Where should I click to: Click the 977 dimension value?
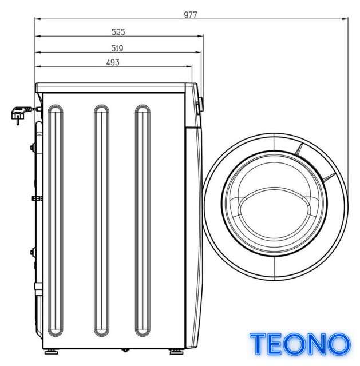(x=191, y=15)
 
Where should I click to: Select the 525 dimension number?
(x=118, y=32)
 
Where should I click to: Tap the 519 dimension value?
(x=117, y=48)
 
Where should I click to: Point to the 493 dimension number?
(x=113, y=62)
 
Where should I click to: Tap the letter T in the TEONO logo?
(x=258, y=344)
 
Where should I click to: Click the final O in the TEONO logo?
(x=338, y=344)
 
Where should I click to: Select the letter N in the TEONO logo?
(x=314, y=344)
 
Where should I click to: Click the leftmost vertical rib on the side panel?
(x=56, y=220)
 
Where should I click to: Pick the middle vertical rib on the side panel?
(x=101, y=220)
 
